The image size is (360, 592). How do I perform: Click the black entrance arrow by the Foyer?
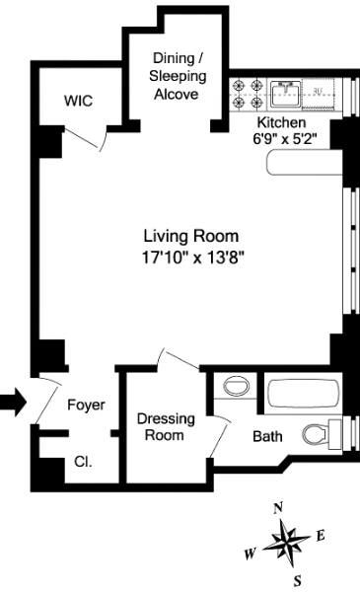click(x=13, y=402)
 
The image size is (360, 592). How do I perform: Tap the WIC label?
click(x=78, y=101)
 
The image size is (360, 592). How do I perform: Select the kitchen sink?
click(x=285, y=94)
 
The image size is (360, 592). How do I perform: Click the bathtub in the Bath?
click(x=304, y=396)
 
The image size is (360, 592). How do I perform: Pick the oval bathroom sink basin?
click(x=237, y=386)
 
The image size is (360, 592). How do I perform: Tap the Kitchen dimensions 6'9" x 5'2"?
click(x=284, y=139)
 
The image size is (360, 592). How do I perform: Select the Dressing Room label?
click(x=166, y=426)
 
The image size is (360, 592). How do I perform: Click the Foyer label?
click(x=86, y=405)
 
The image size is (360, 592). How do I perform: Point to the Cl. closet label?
click(x=83, y=462)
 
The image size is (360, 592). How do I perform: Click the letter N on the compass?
click(x=278, y=508)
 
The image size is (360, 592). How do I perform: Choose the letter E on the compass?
click(x=321, y=536)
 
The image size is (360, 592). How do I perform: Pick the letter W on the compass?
click(x=250, y=554)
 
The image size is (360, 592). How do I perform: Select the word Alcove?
click(x=177, y=94)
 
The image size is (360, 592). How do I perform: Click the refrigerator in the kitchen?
click(x=320, y=94)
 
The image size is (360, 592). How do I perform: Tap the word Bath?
click(x=267, y=436)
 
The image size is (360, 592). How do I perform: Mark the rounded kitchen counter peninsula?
click(x=304, y=163)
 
